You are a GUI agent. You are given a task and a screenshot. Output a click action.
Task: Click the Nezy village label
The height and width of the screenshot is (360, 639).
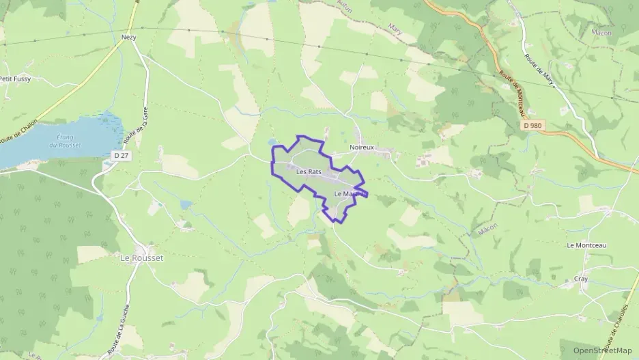128,38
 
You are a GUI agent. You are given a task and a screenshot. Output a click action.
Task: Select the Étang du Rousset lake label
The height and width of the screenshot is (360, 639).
61,141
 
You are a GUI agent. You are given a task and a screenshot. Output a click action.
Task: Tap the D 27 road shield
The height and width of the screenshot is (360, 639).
121,156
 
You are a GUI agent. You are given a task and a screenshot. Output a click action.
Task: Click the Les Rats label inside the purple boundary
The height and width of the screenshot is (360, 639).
309,172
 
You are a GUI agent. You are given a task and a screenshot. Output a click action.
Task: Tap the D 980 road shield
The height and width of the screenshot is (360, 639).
535,126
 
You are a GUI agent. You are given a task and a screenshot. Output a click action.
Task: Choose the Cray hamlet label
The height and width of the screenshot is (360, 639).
580,279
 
